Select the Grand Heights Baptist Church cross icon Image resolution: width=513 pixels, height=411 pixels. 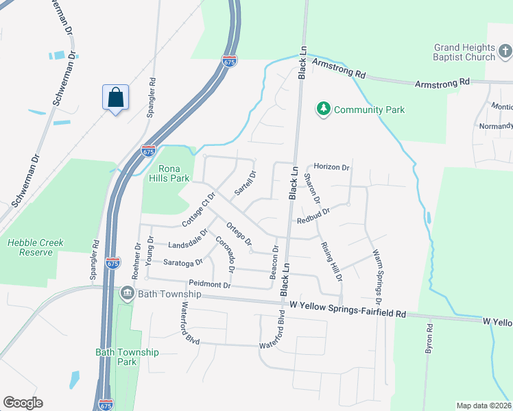coord(505,51)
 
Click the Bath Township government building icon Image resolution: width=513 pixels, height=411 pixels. coord(127,294)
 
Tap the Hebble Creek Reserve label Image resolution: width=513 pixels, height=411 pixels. coord(30,247)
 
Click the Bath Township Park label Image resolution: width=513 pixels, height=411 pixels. coord(127,357)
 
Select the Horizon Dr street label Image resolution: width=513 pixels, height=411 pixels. coord(332,167)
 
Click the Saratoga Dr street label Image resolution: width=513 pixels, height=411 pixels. coord(183,262)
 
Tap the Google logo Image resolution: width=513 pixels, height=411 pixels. coord(23,403)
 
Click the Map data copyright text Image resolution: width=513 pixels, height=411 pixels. coord(484,405)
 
